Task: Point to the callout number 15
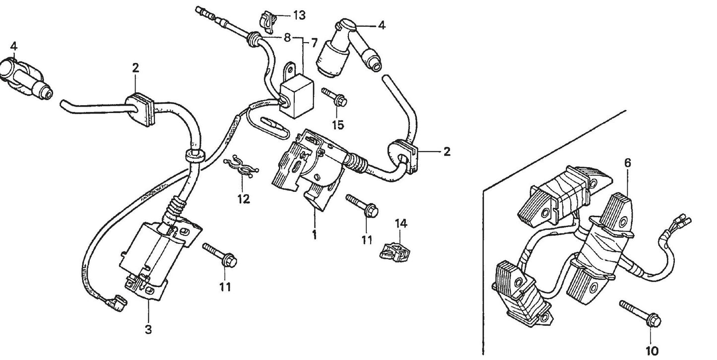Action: [337, 125]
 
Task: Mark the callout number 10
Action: [653, 351]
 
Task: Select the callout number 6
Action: [627, 163]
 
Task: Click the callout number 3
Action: [148, 329]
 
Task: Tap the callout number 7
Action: [314, 43]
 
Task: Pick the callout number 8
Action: [287, 37]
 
